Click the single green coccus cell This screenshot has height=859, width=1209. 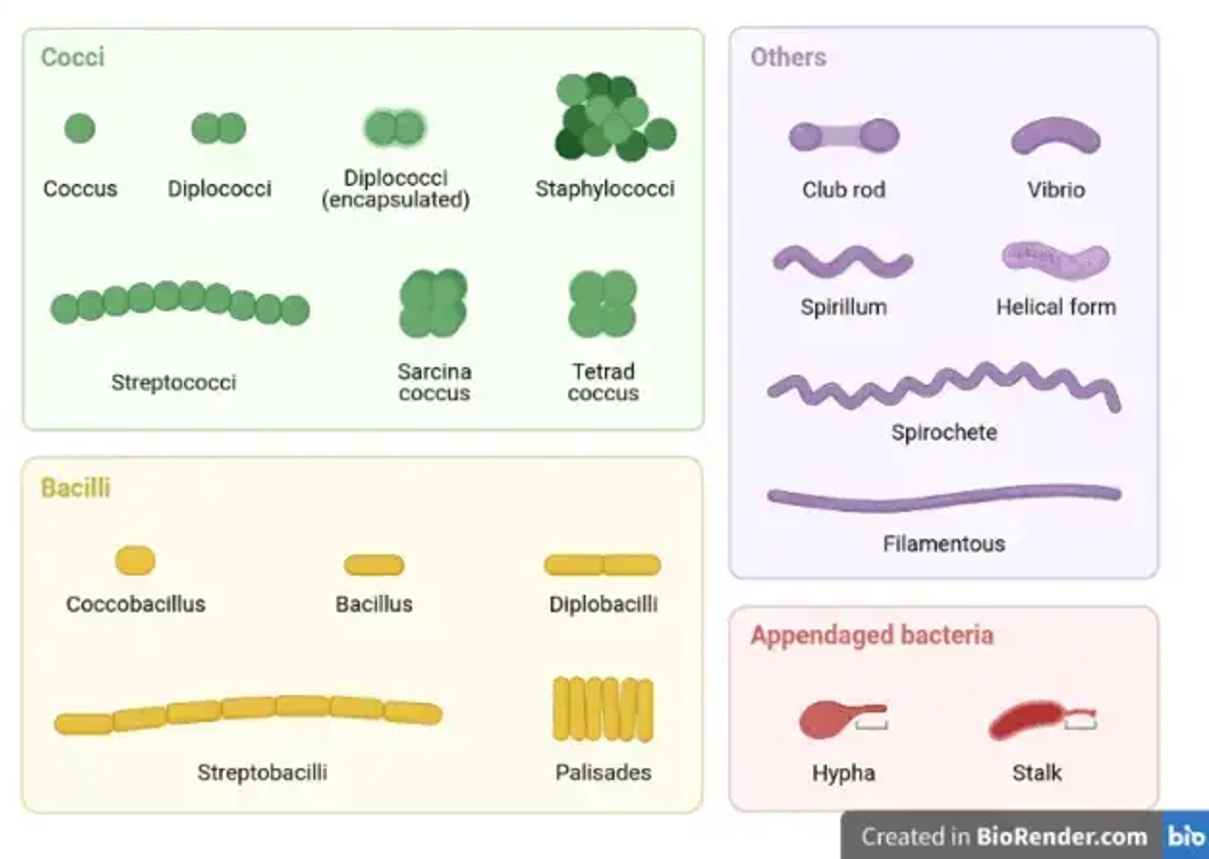[x=79, y=127]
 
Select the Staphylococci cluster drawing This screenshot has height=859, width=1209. [x=613, y=118]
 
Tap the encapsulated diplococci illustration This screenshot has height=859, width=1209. [x=395, y=127]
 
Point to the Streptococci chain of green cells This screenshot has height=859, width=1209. [x=179, y=303]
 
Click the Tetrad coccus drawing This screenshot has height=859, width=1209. [x=603, y=303]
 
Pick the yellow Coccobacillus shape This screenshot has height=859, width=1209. [x=135, y=560]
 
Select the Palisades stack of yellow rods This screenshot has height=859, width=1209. [x=603, y=709]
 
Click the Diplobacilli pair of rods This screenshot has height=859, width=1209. [x=602, y=565]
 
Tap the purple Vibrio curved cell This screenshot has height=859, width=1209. [x=1056, y=137]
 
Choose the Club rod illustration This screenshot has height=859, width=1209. [x=843, y=137]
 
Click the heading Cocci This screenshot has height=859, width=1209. [x=72, y=57]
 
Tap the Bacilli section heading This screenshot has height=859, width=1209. [x=75, y=488]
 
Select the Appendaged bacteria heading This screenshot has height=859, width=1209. [x=871, y=635]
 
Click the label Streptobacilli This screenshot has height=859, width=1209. [x=262, y=772]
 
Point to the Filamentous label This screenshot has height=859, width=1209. [x=944, y=544]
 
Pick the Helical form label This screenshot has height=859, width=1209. [x=1056, y=308]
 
